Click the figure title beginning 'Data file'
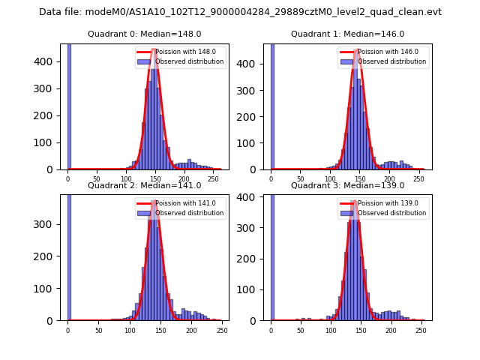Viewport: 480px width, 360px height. pos(240,12)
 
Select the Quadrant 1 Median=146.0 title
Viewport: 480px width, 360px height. pos(347,34)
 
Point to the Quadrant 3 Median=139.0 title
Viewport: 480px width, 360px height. pos(347,185)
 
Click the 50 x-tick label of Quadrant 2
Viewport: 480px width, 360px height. pos(98,331)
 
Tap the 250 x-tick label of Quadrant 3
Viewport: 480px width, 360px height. pos(421,331)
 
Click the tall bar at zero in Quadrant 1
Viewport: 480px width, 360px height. pos(272,105)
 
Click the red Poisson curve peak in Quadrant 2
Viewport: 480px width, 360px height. pos(154,201)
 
